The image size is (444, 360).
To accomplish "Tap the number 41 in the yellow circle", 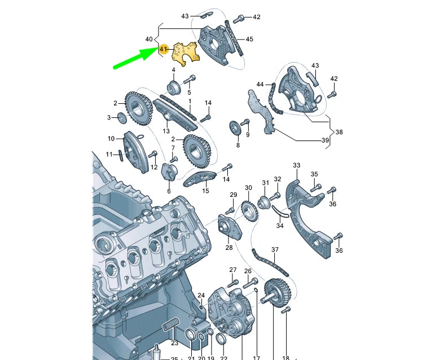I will tap(164, 50).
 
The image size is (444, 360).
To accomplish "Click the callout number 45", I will tap(249, 39).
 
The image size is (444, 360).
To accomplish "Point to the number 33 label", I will tap(297, 165).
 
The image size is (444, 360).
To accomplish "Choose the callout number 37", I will tap(275, 249).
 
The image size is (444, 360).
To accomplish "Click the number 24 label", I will tap(201, 295).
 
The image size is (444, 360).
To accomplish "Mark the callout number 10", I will tap(111, 138).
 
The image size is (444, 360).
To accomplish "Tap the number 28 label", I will tap(229, 247).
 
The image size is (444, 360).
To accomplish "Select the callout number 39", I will tap(325, 140).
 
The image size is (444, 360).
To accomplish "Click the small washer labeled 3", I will tap(121, 118).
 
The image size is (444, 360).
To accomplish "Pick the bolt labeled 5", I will tap(191, 78).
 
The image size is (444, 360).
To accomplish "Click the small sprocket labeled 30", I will tap(246, 210).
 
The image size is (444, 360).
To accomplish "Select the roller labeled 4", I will tap(173, 87).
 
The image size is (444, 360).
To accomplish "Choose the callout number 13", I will tap(166, 131).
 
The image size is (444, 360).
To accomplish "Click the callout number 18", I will tap(285, 358).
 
